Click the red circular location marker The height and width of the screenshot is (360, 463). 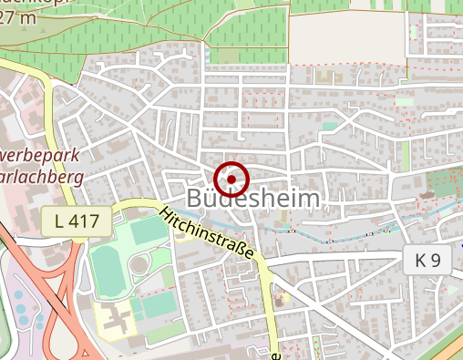231,178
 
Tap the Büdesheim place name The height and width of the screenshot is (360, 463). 253,199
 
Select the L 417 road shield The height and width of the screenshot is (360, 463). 77,219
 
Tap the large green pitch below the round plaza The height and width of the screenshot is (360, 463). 157,301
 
